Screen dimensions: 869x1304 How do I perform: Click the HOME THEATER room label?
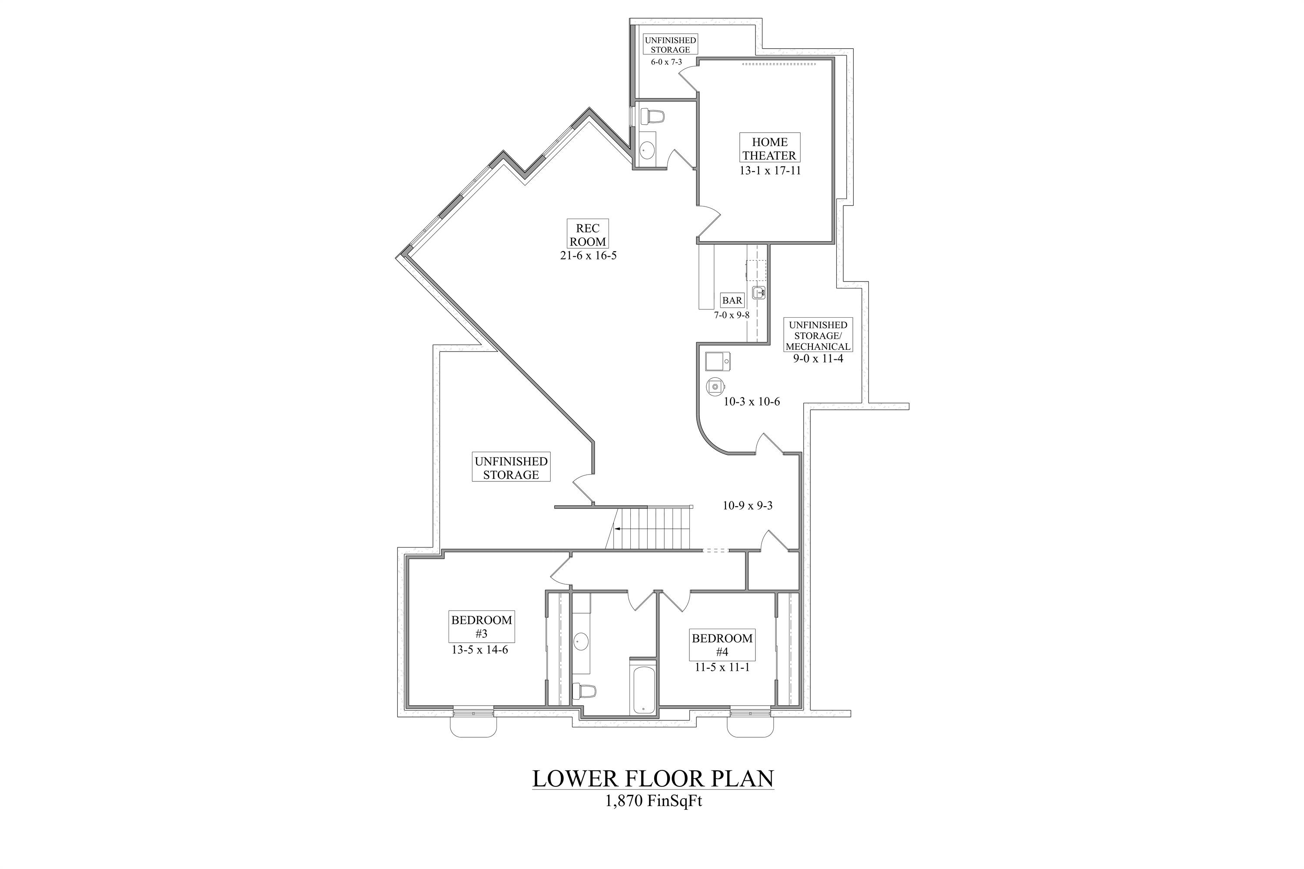[x=769, y=148]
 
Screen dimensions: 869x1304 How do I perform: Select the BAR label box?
[x=732, y=300]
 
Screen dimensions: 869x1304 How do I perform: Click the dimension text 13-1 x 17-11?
[x=769, y=171]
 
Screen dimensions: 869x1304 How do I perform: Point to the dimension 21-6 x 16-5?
[x=588, y=256]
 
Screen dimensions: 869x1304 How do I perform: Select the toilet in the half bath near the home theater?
[x=652, y=116]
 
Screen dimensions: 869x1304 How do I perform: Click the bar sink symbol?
[x=758, y=292]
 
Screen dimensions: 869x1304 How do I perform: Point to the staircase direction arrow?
[x=617, y=529]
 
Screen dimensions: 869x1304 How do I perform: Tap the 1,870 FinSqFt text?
[x=653, y=801]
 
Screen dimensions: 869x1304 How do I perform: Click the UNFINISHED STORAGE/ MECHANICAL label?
[x=818, y=335]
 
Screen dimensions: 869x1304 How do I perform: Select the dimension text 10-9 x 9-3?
[x=747, y=505]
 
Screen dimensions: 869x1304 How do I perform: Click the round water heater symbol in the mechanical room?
[x=715, y=386]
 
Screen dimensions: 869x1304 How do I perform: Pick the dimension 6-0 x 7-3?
[x=666, y=62]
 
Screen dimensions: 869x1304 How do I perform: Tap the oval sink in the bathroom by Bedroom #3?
[x=580, y=642]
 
